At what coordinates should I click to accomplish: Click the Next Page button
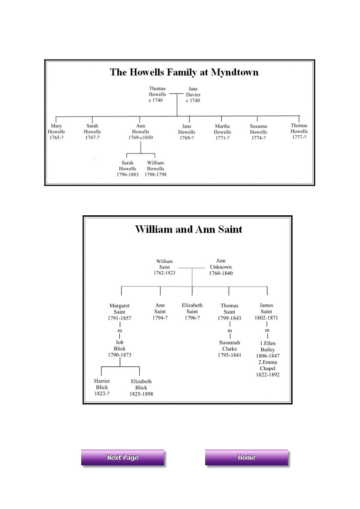point(123,458)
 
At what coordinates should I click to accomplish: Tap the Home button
point(246,458)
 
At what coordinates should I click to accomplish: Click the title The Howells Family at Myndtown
point(184,72)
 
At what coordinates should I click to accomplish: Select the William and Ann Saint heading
point(189,229)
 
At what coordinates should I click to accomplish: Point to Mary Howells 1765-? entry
point(56,132)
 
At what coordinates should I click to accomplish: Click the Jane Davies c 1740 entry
point(193,95)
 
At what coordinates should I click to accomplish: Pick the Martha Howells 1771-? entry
point(222,132)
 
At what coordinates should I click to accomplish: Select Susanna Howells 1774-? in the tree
point(258,132)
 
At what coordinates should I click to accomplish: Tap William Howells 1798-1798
point(155,169)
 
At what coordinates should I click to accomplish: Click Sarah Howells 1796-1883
point(127,169)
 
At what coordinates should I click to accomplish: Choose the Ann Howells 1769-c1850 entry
point(141,132)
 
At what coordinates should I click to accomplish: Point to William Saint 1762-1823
point(164,267)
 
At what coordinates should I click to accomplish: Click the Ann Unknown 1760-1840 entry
point(221,267)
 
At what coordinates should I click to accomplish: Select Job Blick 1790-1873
point(120,348)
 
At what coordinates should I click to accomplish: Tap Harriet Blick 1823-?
point(102,387)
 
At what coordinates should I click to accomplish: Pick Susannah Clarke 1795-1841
point(229,349)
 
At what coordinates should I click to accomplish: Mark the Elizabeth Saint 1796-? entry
point(192,311)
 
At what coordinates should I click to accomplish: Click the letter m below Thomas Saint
point(229,330)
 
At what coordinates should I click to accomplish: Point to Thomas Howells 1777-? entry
point(299,131)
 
